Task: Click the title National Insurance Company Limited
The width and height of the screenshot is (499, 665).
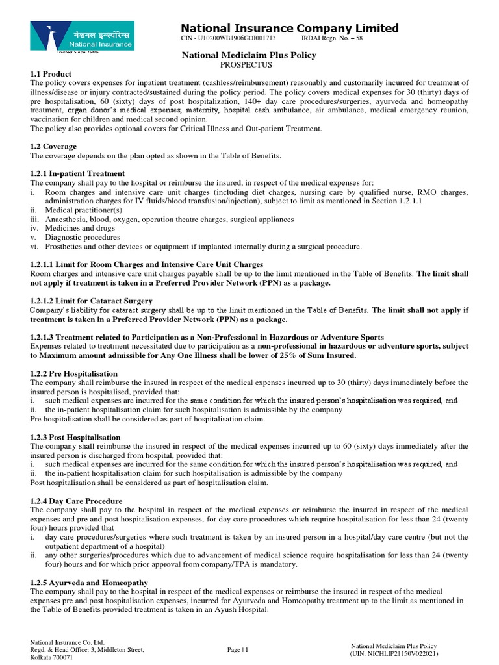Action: click(289, 28)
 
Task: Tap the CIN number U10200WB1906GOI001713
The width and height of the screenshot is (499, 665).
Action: click(223, 40)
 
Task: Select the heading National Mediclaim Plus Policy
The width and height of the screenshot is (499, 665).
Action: click(249, 55)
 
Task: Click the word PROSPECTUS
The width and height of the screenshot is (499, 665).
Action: click(246, 65)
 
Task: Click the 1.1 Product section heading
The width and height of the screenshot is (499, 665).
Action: click(51, 74)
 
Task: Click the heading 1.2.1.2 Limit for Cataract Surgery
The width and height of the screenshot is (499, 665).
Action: click(92, 301)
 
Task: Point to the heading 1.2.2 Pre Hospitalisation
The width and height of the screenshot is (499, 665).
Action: click(74, 374)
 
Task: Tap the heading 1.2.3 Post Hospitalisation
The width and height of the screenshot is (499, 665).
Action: click(75, 438)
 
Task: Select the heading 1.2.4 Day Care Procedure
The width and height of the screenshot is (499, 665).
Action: click(76, 501)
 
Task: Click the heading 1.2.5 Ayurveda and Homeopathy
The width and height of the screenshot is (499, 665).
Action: click(89, 583)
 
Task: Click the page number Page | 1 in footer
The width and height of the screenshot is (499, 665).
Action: click(238, 649)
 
